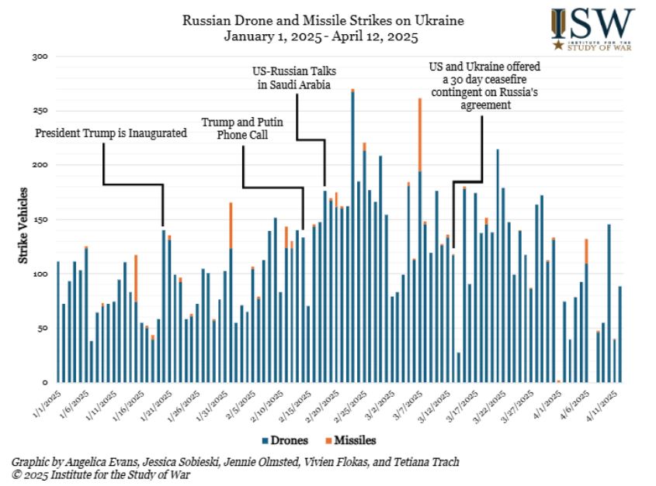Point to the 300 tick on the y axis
pos(40,57)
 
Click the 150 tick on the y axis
pos(40,219)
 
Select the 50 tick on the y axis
pos(41,328)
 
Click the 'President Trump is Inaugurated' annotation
pos(111,133)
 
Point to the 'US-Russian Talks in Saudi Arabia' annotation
pos(294,78)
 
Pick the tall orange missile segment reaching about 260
pos(419,135)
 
